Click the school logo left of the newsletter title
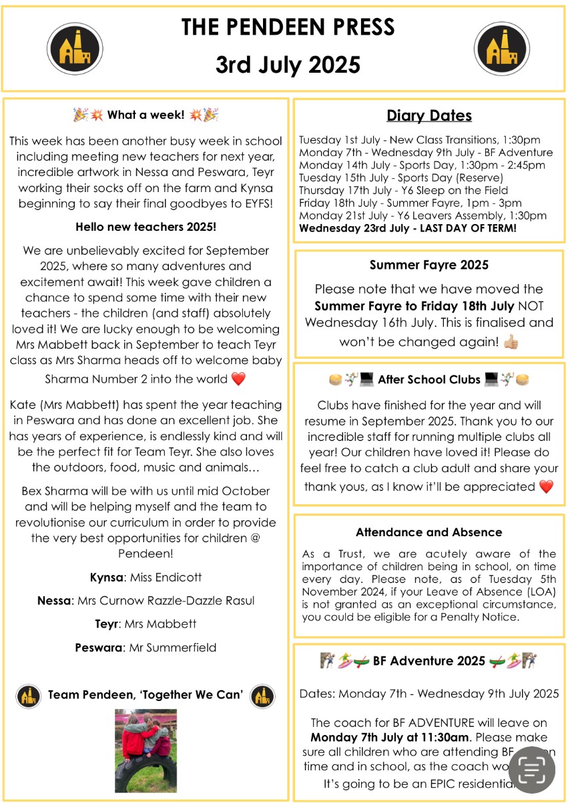pos(74,48)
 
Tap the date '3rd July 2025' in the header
pos(288,65)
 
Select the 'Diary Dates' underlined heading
pos(429,115)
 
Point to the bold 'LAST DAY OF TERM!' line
pos(408,228)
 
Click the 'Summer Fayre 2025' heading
pos(429,265)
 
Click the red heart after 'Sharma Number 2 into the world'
pos(238,379)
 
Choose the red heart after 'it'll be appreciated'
pos(546,486)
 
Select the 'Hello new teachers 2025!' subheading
pos(146,227)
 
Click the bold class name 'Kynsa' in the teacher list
pos(106,577)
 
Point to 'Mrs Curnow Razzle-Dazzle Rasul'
pos(166,600)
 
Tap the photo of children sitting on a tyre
pos(146,750)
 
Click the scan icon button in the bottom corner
pos(532,770)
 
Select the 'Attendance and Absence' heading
pos(429,532)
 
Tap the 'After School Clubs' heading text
pos(429,379)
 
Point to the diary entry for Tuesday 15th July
pos(400,177)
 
